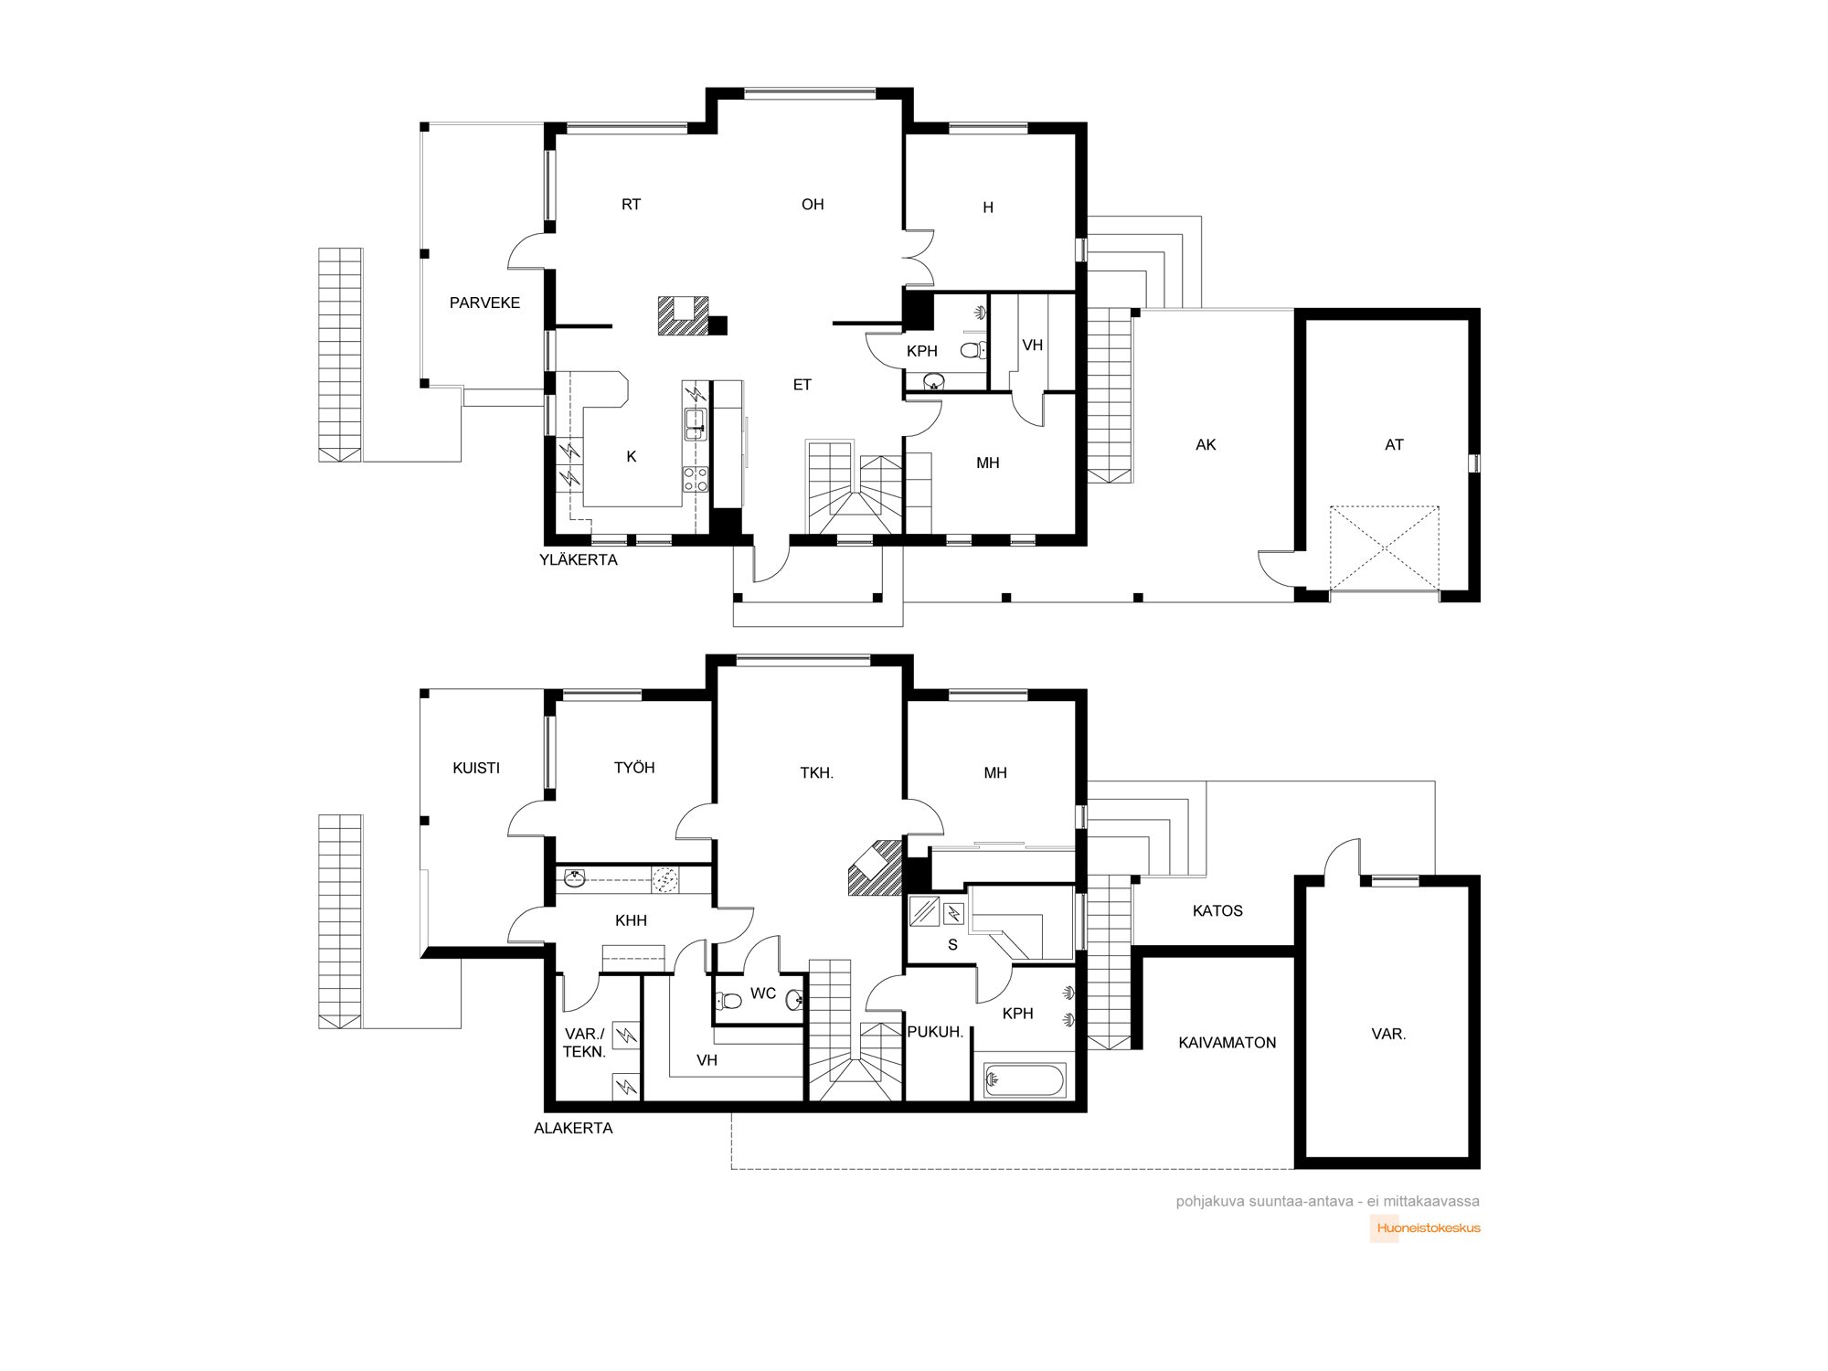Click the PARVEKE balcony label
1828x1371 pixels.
[484, 303]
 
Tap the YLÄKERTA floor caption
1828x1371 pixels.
[579, 559]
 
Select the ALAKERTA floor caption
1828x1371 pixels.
[573, 1128]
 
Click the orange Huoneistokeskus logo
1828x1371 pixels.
[1429, 1228]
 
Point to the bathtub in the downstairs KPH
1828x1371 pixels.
[1025, 1079]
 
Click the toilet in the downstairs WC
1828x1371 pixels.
[728, 1001]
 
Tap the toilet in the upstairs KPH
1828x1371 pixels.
[972, 349]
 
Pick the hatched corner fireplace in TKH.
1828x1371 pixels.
[876, 868]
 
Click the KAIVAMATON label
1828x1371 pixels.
[1227, 1042]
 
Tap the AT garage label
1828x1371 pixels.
[1394, 445]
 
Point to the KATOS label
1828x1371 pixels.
[1217, 910]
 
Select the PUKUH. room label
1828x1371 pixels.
[935, 1032]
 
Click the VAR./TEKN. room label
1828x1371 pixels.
[584, 1043]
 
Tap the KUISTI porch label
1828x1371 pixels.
[476, 768]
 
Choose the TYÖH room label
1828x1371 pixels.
[634, 768]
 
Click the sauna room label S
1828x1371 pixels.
[952, 945]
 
